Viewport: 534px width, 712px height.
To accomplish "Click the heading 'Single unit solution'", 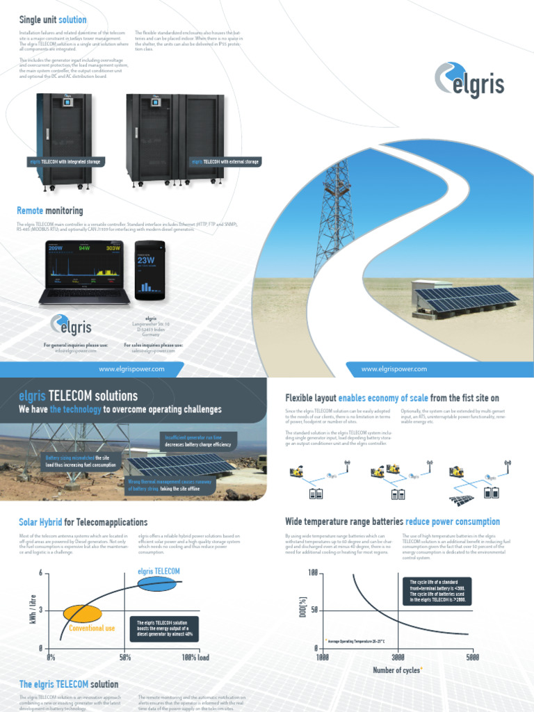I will [x=53, y=19].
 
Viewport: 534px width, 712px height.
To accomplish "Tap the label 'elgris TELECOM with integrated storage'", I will [x=64, y=161].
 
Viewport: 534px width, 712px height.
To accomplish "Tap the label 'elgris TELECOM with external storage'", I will [x=225, y=161].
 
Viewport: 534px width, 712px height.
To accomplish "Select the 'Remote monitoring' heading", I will [x=49, y=210].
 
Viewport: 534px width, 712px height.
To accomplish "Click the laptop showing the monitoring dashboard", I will [x=84, y=271].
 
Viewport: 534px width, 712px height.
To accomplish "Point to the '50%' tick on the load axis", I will [x=125, y=657].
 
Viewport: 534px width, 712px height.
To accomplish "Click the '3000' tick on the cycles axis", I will [x=398, y=657].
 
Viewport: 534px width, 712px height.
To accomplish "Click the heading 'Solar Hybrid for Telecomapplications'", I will [x=83, y=521].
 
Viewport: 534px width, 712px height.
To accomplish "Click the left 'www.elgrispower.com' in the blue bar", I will [x=131, y=369].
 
